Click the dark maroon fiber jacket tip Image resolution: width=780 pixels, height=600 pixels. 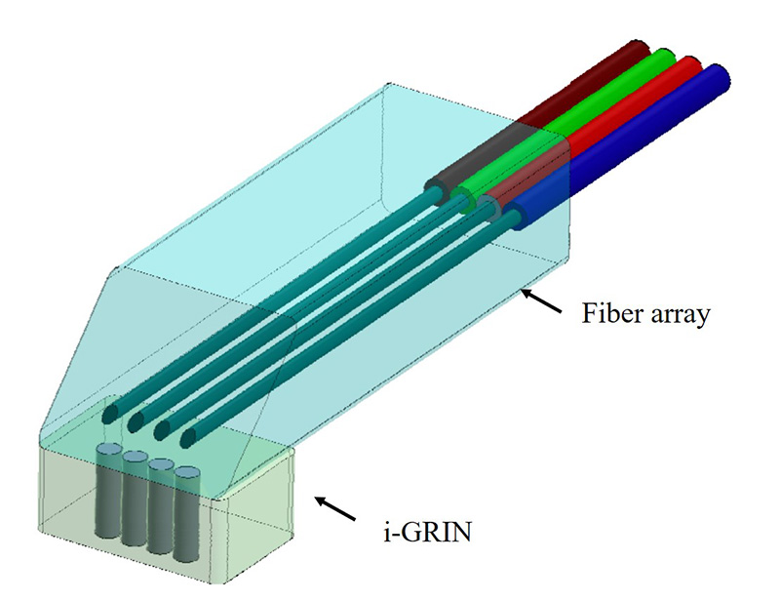pyautogui.click(x=639, y=50)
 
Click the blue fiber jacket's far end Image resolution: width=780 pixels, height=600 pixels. pyautogui.click(x=719, y=77)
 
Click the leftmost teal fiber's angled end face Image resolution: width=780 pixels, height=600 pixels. pyautogui.click(x=109, y=414)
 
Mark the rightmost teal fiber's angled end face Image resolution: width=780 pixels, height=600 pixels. pyautogui.click(x=188, y=437)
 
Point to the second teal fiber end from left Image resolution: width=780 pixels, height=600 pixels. pyautogui.click(x=136, y=421)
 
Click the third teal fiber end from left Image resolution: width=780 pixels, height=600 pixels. pyautogui.click(x=162, y=429)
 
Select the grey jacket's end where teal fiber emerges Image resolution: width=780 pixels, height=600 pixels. pyautogui.click(x=438, y=193)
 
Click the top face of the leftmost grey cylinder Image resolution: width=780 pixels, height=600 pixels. pyautogui.click(x=108, y=449)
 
